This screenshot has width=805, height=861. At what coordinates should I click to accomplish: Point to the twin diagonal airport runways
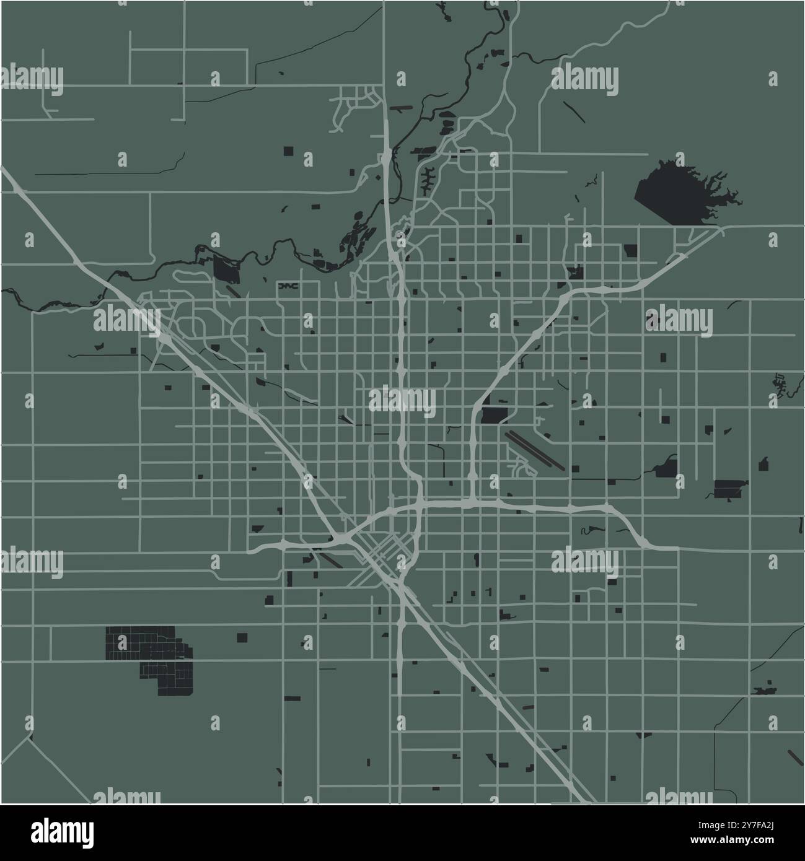coord(535,450)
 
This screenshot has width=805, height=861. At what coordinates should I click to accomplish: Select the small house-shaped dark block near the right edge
coord(763,463)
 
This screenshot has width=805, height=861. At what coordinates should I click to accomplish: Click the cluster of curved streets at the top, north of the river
coord(356,105)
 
